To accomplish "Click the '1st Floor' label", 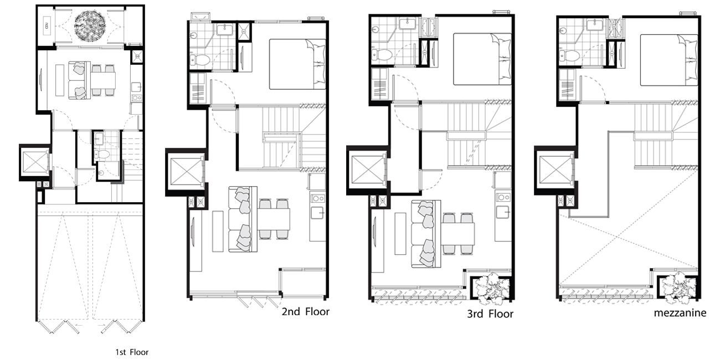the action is coord(132,352).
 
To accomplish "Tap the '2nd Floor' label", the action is coord(305,311).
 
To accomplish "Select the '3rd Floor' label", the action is coord(490,313).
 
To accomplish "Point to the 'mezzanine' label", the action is coord(680,313).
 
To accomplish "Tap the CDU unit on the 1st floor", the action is coord(47,25).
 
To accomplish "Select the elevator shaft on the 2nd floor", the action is coord(186,171).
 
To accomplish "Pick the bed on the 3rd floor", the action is coord(482,59).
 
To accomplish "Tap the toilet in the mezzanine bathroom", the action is coord(569,55).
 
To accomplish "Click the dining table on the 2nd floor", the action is coord(273,219).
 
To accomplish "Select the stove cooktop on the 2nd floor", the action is coord(317,198).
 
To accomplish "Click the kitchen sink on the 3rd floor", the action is coord(503,212).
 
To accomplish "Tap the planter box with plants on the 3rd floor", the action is coord(491,288).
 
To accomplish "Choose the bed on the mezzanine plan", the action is coord(669,60).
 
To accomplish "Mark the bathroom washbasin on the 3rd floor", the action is coord(408,24).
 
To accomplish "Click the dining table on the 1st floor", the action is coord(103,80).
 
